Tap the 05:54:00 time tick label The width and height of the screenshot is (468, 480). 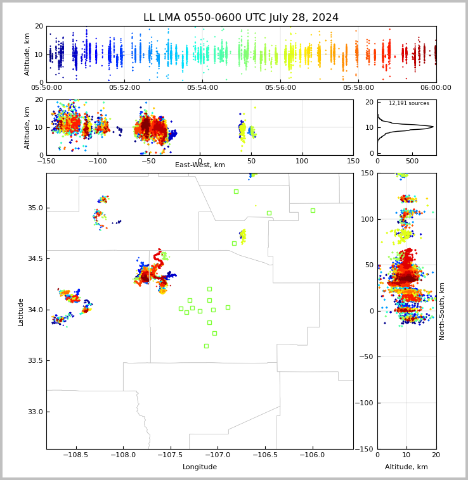coord(202,88)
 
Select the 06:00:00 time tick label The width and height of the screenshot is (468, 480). coord(436,88)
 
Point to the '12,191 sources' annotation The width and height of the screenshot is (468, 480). coord(409,103)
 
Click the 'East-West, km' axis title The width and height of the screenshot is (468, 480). coord(200,165)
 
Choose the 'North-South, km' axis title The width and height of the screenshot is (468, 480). coord(441,312)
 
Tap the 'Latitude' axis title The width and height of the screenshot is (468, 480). coord(20,312)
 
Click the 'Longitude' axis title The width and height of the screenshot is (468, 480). coord(200,467)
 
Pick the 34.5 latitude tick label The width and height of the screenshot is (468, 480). coord(36,258)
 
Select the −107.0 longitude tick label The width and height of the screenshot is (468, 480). coord(218,455)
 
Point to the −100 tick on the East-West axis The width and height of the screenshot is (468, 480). coord(98,161)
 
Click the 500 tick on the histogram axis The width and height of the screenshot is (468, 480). coord(412,161)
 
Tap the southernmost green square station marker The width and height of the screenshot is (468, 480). coord(207,346)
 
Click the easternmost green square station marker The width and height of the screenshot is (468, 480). coord(313,211)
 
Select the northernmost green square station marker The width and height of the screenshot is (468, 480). coord(237,192)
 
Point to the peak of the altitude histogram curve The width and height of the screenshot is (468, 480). coord(433,127)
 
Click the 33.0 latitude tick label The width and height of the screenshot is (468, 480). coord(36,412)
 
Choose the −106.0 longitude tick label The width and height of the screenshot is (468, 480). coord(313,455)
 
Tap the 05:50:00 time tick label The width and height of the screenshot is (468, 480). coord(46,88)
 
